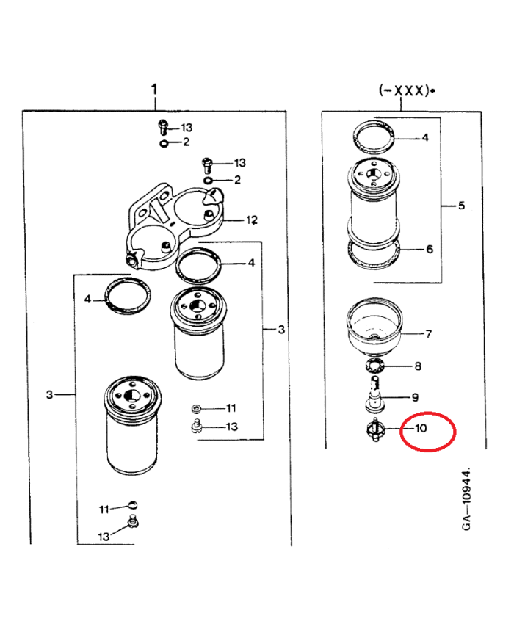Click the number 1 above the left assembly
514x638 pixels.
click(x=154, y=90)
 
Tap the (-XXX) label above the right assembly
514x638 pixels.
click(x=405, y=90)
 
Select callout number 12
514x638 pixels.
click(x=252, y=220)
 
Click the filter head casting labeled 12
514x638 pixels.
click(x=175, y=226)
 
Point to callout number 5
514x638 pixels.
click(x=461, y=206)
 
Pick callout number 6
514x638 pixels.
click(x=430, y=249)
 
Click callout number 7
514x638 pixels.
click(x=428, y=334)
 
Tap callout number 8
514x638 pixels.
click(x=418, y=366)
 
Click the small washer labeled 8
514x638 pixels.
click(x=374, y=366)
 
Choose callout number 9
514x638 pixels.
click(x=415, y=397)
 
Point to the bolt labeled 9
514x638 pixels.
click(x=374, y=393)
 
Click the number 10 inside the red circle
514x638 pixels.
click(x=421, y=428)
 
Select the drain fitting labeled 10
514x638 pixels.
click(x=375, y=430)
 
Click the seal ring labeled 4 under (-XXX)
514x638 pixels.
click(x=374, y=137)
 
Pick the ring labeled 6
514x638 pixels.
click(x=374, y=253)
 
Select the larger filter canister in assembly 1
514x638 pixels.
click(x=132, y=425)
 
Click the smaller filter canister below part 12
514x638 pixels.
click(x=198, y=333)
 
